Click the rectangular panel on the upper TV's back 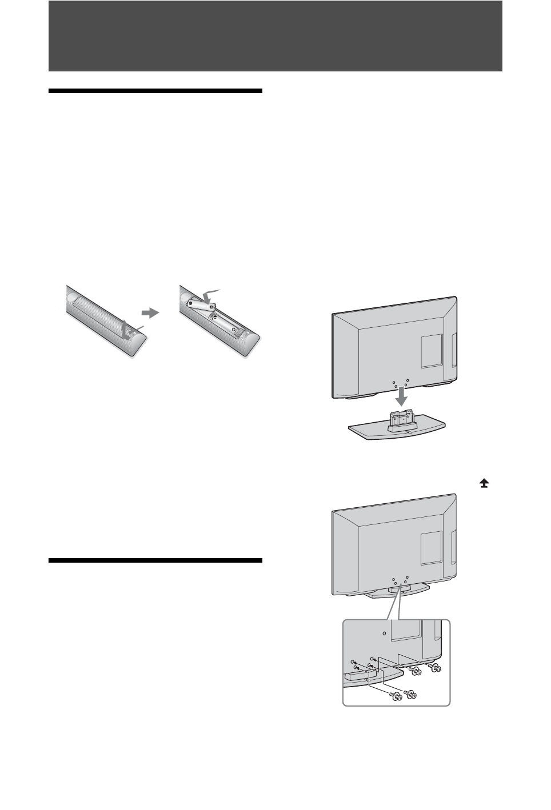pyautogui.click(x=432, y=350)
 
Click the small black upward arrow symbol pyautogui.click(x=485, y=483)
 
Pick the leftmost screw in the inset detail pyautogui.click(x=394, y=694)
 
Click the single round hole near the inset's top pyautogui.click(x=384, y=633)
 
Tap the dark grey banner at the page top pyautogui.click(x=275, y=35)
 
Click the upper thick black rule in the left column pyautogui.click(x=155, y=91)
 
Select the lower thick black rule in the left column pyautogui.click(x=155, y=560)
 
